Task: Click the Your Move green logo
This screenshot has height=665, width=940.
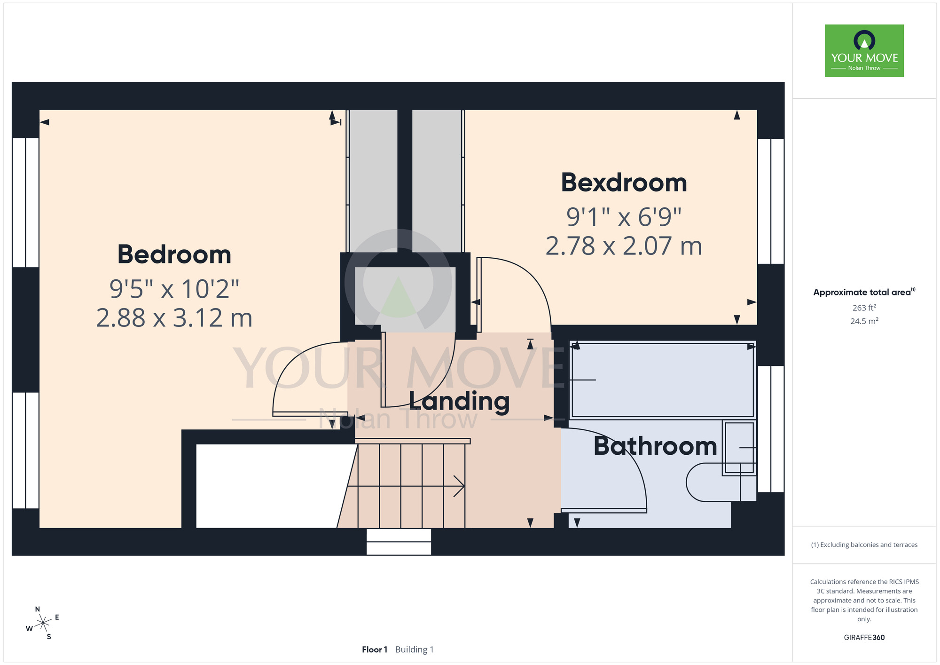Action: (864, 51)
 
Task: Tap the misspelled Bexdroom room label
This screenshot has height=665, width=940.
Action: (624, 182)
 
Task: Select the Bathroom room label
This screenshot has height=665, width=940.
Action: (655, 446)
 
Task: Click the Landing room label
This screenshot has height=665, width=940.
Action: (459, 402)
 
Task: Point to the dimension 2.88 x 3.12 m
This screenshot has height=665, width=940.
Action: (174, 318)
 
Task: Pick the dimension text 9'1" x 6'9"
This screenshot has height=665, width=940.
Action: (624, 217)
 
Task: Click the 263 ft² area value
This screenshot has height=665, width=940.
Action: (864, 308)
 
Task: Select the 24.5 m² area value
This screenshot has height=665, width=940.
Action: (864, 321)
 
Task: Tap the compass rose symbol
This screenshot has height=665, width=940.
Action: (43, 623)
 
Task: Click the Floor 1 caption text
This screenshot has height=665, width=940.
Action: (375, 649)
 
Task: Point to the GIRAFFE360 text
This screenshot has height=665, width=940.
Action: (864, 638)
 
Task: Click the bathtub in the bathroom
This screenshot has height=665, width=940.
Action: (662, 380)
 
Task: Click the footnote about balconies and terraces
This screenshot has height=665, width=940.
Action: (864, 545)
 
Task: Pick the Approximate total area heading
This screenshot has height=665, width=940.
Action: (864, 292)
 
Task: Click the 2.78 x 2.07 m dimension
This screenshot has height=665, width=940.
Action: (624, 246)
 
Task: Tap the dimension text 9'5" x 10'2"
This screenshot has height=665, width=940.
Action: (174, 289)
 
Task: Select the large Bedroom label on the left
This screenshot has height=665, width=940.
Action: (174, 254)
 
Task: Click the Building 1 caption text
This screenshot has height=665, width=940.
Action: (415, 649)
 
